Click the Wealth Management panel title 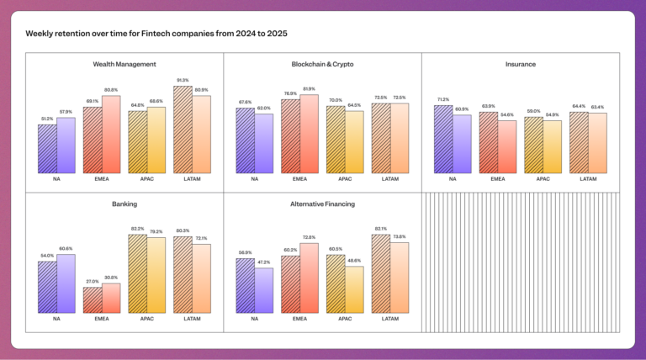(x=124, y=64)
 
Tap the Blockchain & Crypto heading (x=322, y=64)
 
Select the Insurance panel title (x=521, y=64)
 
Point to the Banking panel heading (x=124, y=204)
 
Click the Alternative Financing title (x=322, y=204)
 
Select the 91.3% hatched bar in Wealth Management (x=183, y=130)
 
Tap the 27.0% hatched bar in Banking (x=93, y=300)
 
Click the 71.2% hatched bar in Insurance (x=443, y=140)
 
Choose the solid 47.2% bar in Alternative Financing (x=263, y=290)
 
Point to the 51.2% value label (x=47, y=119)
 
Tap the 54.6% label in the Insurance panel (x=507, y=114)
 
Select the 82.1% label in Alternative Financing (x=380, y=229)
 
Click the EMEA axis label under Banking (x=102, y=319)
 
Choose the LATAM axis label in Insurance (x=588, y=179)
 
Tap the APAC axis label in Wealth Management (x=147, y=179)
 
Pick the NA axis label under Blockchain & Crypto (x=254, y=179)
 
